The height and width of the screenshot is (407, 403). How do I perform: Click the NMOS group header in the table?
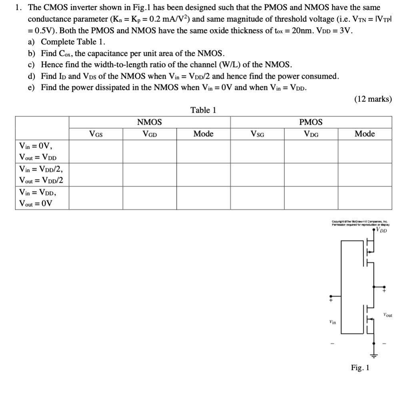(150, 122)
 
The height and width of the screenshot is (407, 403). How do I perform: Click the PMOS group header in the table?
(311, 122)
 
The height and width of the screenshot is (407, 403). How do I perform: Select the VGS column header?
(96, 134)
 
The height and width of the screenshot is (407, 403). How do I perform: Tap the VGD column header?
(150, 134)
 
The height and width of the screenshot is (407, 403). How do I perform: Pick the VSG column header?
(257, 134)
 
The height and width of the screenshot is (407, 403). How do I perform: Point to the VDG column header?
(311, 134)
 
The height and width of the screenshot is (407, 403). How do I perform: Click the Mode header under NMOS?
(203, 134)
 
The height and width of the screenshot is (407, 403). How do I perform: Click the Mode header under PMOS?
(365, 134)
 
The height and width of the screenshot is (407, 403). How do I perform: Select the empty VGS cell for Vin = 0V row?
(96, 151)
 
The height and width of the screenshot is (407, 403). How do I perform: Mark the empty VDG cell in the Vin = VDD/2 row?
(311, 175)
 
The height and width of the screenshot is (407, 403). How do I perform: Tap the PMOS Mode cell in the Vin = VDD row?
(365, 198)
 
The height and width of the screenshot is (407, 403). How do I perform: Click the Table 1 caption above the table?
(203, 110)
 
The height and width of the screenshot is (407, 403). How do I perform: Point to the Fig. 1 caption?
(360, 367)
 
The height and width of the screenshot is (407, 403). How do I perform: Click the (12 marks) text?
(373, 99)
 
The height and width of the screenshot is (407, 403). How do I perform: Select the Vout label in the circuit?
(387, 315)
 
